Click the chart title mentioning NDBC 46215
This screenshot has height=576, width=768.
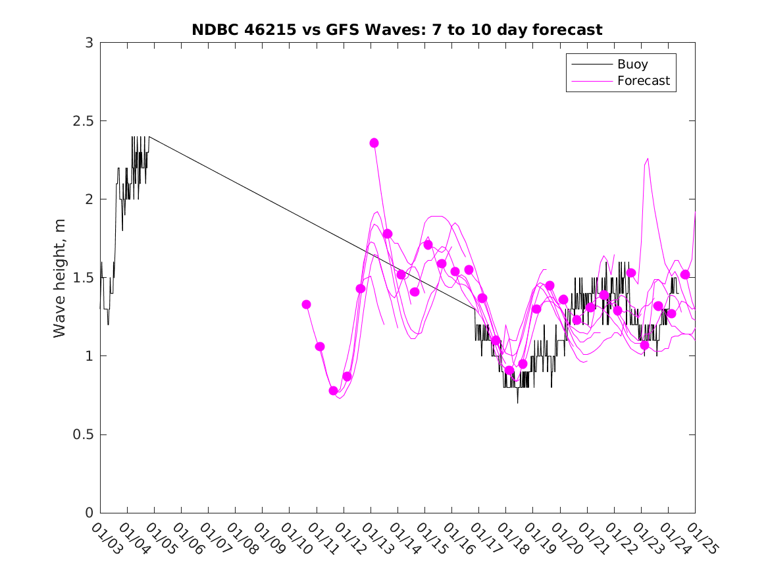[397, 30]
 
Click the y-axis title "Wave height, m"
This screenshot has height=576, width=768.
[60, 278]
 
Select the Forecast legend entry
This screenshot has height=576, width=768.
[643, 81]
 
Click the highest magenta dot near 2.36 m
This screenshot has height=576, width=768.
[374, 143]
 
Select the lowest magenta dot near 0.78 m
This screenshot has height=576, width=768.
[334, 390]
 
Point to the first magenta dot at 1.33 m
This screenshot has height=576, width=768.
[306, 304]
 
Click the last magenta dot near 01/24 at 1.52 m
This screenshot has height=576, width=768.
[685, 275]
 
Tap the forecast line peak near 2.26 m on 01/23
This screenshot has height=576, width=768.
[648, 158]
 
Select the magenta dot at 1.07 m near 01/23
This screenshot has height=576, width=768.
[644, 345]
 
